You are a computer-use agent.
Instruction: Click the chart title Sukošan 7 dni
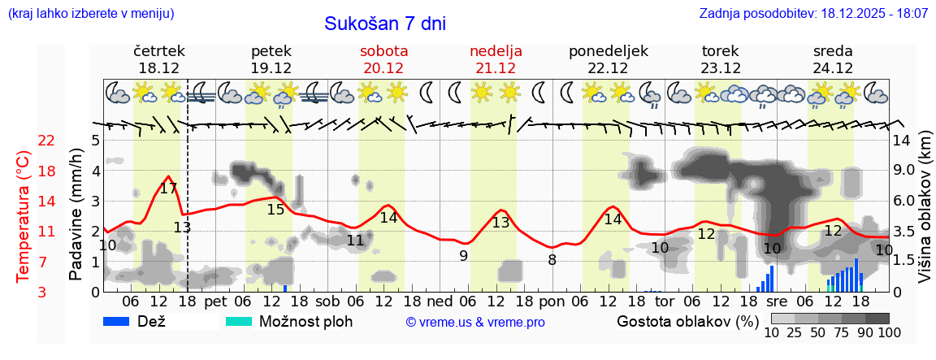[x=385, y=24]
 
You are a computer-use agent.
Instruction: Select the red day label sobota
[x=383, y=50]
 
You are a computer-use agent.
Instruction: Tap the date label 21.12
[x=496, y=68]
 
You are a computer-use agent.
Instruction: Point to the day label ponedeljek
[x=609, y=50]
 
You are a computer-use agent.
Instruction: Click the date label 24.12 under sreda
[x=833, y=68]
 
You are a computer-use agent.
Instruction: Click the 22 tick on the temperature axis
[x=46, y=141]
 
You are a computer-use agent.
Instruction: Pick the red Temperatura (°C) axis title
[x=24, y=215]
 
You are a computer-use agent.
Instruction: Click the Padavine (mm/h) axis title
[x=76, y=215]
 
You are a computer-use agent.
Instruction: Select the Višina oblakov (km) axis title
[x=925, y=207]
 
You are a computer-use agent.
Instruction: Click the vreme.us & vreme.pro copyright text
[x=475, y=322]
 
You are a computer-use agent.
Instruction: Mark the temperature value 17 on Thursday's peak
[x=168, y=189]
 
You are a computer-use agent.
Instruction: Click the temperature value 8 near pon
[x=552, y=260]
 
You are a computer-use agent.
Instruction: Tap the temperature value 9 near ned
[x=463, y=255]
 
